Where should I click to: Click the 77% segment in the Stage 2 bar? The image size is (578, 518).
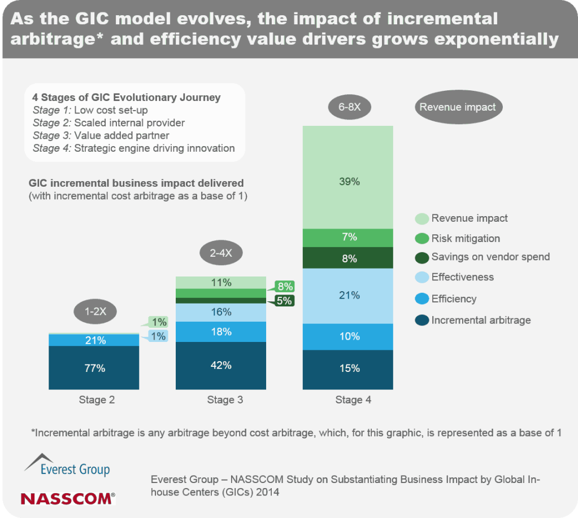[x=95, y=368]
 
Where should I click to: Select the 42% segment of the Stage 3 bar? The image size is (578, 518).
[x=221, y=365]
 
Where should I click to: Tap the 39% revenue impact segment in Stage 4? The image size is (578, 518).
[x=348, y=182]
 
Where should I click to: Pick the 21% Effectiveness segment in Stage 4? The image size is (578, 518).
[x=348, y=295]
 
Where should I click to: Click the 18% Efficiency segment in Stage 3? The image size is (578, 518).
[x=221, y=332]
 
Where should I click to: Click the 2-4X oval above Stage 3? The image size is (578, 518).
[x=221, y=253]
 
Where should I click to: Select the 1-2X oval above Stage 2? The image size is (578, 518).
[x=95, y=312]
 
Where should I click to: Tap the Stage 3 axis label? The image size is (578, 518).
[x=225, y=400]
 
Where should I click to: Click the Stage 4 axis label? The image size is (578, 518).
[x=353, y=400]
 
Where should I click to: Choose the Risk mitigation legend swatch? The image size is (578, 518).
[x=421, y=239]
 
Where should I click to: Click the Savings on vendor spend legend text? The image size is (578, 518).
[x=490, y=257]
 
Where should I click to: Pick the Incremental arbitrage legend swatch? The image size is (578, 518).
[x=421, y=321]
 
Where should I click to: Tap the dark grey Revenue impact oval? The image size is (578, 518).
[x=458, y=107]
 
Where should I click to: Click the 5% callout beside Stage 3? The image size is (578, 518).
[x=285, y=301]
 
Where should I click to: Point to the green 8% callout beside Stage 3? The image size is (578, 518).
[x=285, y=286]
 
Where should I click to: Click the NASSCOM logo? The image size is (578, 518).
[x=67, y=498]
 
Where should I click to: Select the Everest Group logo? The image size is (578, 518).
[x=67, y=464]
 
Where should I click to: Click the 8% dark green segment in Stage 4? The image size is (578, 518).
[x=348, y=258]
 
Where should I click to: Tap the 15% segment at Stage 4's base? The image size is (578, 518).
[x=348, y=369]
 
